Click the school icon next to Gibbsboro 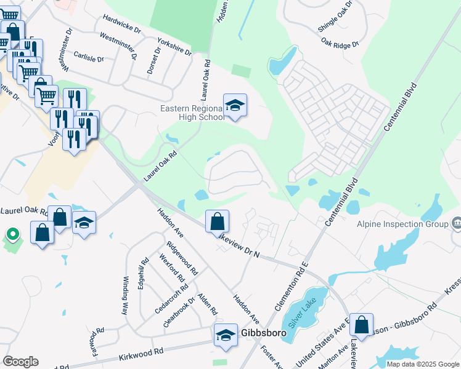tap(226, 336)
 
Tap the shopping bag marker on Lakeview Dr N tap(217, 223)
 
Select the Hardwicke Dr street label tap(122, 25)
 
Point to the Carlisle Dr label tap(89, 57)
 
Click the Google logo tap(21, 362)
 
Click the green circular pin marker tap(12, 234)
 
